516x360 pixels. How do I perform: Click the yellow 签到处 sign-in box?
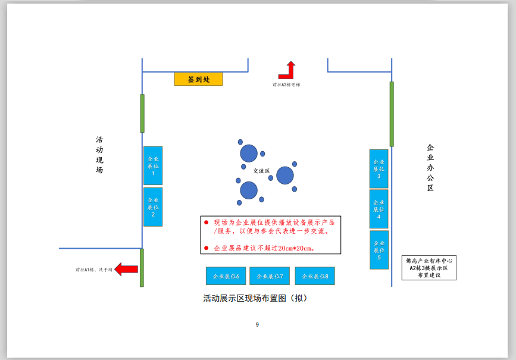click(x=198, y=79)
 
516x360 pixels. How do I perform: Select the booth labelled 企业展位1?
click(x=153, y=165)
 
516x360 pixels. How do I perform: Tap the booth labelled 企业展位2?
click(x=153, y=206)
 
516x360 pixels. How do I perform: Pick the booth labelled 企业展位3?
click(x=379, y=169)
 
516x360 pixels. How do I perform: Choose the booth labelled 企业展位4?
click(x=379, y=209)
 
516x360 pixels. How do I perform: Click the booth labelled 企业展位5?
click(x=379, y=249)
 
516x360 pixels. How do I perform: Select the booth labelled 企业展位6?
click(x=226, y=276)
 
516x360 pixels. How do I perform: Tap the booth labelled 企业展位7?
click(x=270, y=276)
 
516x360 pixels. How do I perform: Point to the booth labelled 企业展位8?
click(x=315, y=276)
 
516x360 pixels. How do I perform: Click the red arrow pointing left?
click(x=126, y=270)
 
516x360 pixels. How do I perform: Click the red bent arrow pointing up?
click(x=288, y=71)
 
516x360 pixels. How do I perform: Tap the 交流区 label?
click(x=261, y=171)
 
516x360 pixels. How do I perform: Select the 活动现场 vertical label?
click(x=99, y=155)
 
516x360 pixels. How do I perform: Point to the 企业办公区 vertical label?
click(x=430, y=167)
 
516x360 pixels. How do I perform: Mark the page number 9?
click(x=257, y=324)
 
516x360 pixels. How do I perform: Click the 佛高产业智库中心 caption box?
click(x=429, y=268)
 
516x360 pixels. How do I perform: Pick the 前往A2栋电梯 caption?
click(x=286, y=85)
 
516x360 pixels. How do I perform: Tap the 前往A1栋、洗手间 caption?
click(x=93, y=270)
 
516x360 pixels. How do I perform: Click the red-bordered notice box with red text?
click(x=270, y=234)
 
